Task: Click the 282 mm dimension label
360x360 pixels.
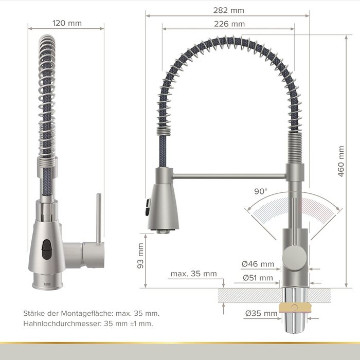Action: point(228,10)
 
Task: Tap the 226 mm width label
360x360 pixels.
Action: point(229,24)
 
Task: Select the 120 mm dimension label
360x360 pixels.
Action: point(67,23)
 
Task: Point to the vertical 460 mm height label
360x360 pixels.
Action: point(341,161)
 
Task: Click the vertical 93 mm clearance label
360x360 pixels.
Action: point(140,256)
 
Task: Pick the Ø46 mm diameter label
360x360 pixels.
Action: point(258,264)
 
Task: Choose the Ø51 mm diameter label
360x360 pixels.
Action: point(258,278)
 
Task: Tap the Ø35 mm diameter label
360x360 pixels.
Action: point(261,313)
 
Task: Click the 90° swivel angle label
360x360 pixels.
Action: point(261,191)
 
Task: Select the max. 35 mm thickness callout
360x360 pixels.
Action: point(194,274)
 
